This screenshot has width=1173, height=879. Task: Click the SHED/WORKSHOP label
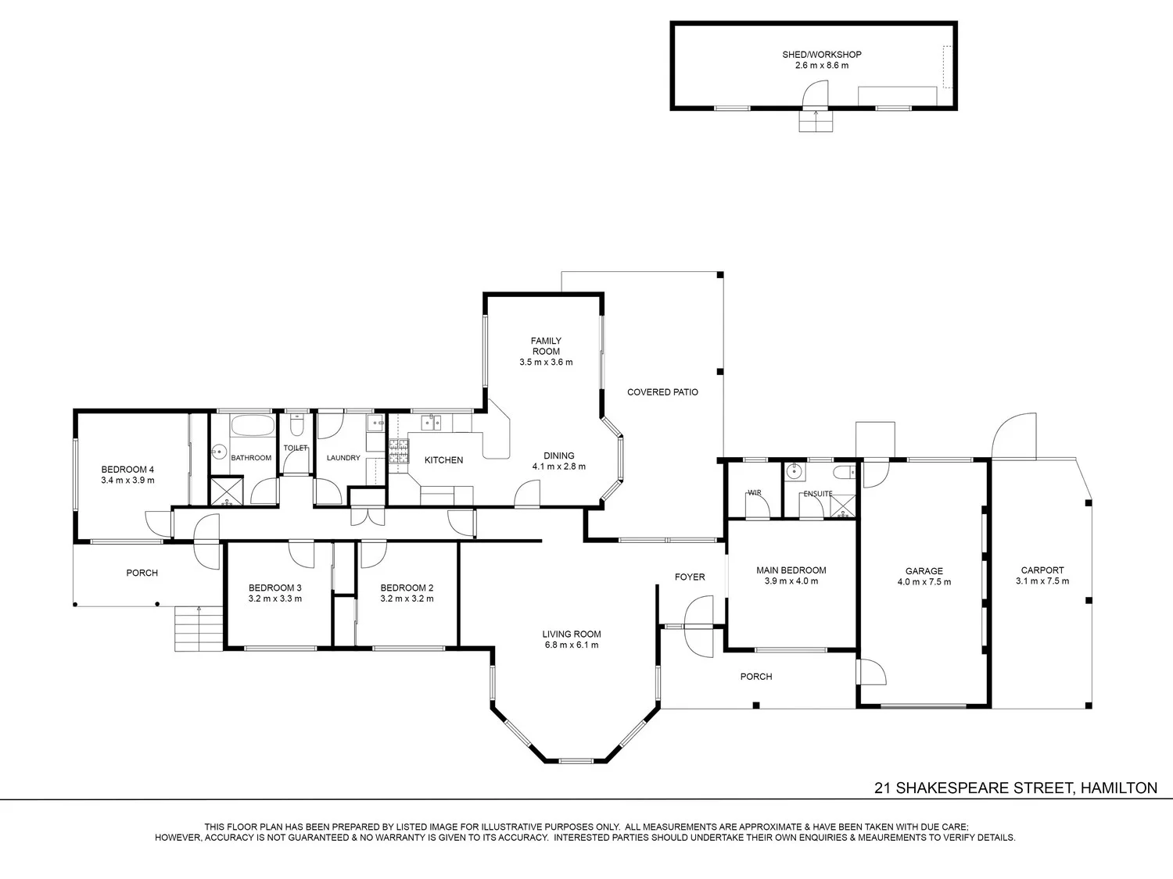821,55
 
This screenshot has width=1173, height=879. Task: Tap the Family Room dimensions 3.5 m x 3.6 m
546,362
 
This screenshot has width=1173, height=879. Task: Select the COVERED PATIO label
662,392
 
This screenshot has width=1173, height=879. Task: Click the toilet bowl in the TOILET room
296,426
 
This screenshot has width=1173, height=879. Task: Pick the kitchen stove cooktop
399,451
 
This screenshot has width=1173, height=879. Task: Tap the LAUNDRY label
343,458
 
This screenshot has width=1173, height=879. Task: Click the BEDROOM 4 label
127,470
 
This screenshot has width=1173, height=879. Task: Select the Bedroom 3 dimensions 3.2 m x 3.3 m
275,599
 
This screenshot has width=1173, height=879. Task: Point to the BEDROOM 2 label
407,588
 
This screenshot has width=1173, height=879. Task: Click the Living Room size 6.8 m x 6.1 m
572,645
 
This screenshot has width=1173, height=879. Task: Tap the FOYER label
690,577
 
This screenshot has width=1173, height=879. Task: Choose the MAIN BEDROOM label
791,570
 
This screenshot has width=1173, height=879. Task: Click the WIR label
755,492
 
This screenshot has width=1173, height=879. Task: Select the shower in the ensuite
843,506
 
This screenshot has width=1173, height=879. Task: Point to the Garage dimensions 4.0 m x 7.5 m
924,582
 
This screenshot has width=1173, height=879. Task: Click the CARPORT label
1042,570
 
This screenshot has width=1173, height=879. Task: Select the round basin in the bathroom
219,452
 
